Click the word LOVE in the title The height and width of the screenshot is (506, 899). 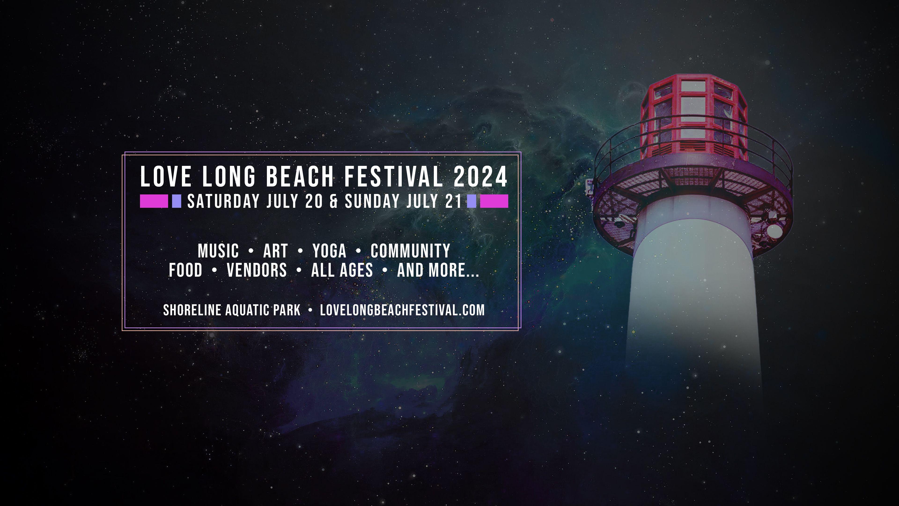(166, 176)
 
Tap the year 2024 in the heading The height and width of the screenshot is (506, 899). (481, 176)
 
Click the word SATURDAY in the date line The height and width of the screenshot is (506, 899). (223, 201)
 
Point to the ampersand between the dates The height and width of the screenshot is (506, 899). (334, 201)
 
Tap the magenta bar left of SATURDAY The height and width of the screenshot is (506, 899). (154, 201)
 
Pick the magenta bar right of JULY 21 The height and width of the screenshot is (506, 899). (494, 201)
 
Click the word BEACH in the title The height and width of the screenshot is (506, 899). (300, 176)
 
